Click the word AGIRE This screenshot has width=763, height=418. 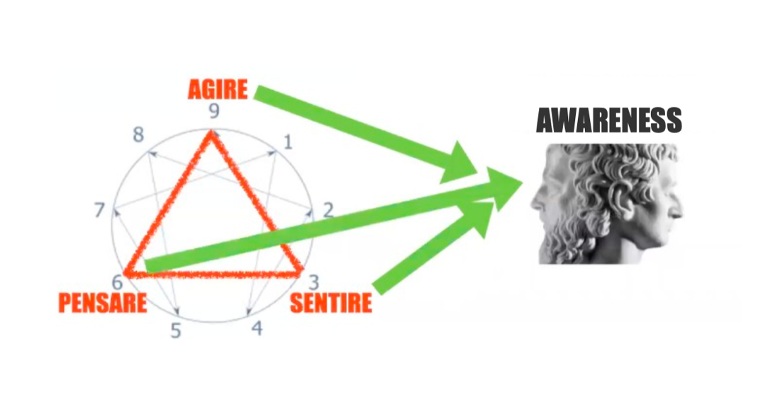[x=218, y=90]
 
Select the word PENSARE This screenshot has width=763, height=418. [x=102, y=303]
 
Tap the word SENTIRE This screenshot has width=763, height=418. [x=330, y=303]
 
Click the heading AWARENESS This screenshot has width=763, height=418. [x=608, y=121]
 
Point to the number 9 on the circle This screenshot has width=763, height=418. [x=213, y=111]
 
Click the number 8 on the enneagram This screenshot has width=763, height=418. [x=139, y=135]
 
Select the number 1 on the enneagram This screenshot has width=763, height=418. [x=287, y=142]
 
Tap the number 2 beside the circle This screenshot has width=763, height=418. [x=328, y=209]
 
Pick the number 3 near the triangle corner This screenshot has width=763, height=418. [x=313, y=284]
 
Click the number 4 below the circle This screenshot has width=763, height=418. [x=257, y=328]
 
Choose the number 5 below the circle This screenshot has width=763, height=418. [x=175, y=330]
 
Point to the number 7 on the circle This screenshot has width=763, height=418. [x=100, y=210]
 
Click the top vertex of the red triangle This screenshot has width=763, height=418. [x=211, y=134]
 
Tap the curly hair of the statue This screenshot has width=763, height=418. [x=610, y=184]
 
